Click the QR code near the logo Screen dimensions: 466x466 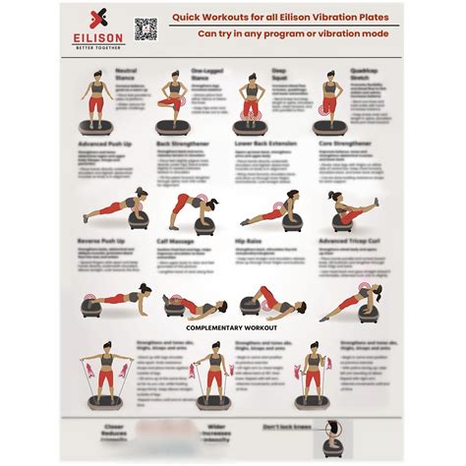pyautogui.click(x=146, y=29)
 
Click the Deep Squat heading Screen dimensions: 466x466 pyautogui.click(x=280, y=74)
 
